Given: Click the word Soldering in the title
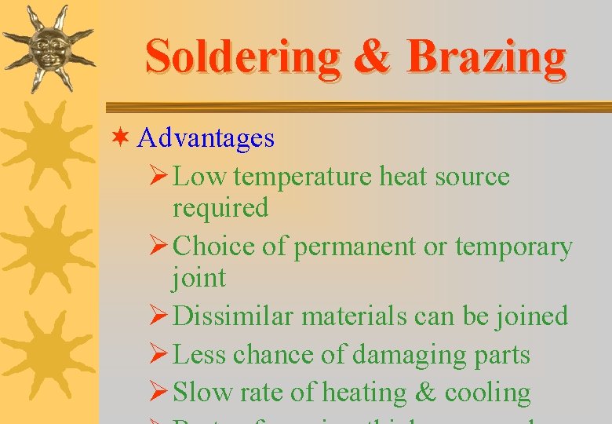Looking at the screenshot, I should (x=242, y=57).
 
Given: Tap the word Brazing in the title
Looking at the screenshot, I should (x=486, y=57).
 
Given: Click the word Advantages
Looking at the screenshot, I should (x=206, y=139).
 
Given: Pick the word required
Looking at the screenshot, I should (x=220, y=208).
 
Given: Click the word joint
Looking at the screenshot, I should (x=199, y=277).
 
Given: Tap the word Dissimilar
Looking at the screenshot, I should (x=233, y=316).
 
